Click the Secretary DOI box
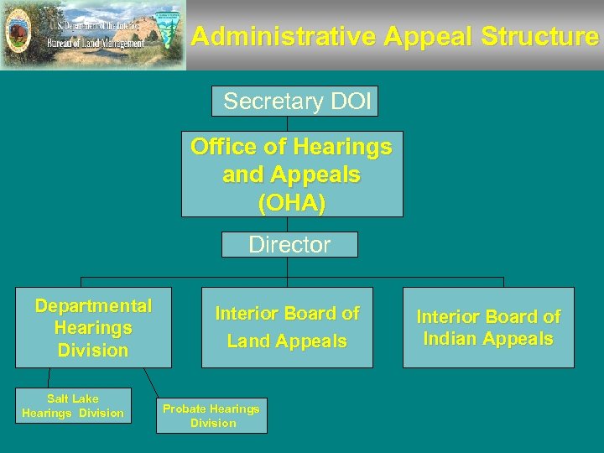pos(295,102)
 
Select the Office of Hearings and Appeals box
pos(292,174)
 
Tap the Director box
pos(289,245)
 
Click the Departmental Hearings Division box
pos(93,328)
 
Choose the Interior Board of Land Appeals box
pos(287,327)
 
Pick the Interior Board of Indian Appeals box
pos(488,327)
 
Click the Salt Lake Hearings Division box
pos(73,406)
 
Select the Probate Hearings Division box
pos(211,416)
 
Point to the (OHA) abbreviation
pos(292,203)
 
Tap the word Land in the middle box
pos(249,341)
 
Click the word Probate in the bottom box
pos(185,409)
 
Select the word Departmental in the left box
pos(93,306)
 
